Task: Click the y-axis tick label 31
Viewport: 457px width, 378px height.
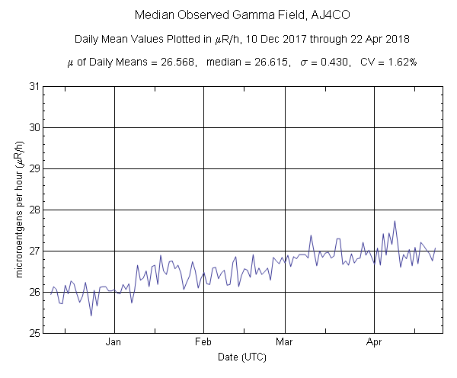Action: tap(34, 86)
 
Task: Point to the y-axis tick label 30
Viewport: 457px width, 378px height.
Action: tap(34, 127)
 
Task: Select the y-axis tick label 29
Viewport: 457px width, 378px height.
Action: tap(34, 168)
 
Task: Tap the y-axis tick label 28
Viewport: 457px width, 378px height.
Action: tap(34, 210)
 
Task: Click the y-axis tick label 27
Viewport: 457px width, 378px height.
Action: tap(34, 251)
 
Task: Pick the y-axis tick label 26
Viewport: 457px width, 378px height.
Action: tap(34, 292)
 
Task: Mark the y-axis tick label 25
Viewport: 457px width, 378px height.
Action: tap(34, 333)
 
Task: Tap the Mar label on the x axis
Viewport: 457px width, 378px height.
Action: tap(284, 343)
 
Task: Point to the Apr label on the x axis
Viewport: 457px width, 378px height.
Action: tap(373, 343)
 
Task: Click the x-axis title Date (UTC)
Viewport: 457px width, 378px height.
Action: tap(242, 357)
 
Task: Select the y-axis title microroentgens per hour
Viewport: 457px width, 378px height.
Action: tap(17, 210)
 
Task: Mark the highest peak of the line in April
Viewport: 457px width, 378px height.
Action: tap(395, 221)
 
